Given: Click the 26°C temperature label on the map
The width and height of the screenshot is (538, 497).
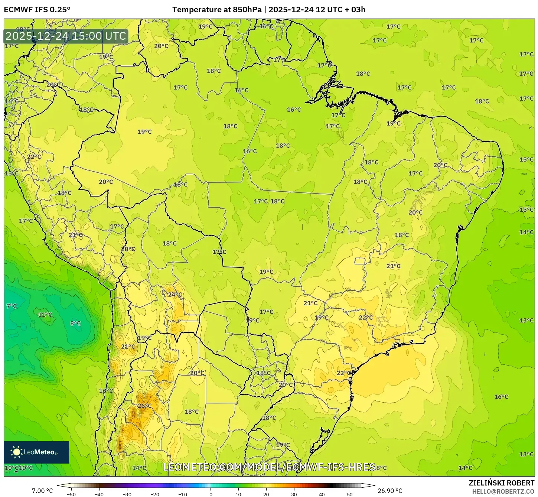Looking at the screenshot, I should tap(144, 406).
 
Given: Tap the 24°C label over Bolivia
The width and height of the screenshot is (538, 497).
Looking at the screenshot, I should tap(175, 295).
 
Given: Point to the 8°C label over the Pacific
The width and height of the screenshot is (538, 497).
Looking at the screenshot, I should tap(75, 323).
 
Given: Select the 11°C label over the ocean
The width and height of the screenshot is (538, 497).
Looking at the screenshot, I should tap(45, 315).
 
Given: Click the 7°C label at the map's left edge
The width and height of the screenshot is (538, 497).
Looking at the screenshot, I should tap(12, 306).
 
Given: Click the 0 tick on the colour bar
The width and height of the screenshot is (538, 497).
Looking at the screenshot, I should tap(211, 494).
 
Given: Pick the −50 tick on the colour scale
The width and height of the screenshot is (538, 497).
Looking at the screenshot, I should tap(71, 494).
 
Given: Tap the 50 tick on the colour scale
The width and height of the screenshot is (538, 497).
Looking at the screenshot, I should tap(350, 494).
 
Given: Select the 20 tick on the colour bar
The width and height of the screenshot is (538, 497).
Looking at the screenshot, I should tap(266, 494).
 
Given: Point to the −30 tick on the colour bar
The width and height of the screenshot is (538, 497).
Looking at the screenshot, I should tap(127, 494).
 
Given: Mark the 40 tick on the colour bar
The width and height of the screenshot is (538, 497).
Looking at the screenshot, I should tap(322, 494).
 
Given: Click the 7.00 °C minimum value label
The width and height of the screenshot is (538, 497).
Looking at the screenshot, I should tap(42, 491).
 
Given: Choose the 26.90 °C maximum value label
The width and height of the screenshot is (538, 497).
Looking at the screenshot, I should tap(390, 491).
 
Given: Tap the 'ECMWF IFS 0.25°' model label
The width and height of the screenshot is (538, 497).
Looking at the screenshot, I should tap(37, 10).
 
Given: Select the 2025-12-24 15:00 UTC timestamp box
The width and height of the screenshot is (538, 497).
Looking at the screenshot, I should tap(66, 36).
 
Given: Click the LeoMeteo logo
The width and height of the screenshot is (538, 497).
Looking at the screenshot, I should tap(36, 452).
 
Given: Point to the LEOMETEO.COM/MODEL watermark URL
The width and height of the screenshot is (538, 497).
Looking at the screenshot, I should tap(269, 467).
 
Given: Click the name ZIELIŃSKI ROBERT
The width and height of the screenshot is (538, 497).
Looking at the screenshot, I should tap(502, 483).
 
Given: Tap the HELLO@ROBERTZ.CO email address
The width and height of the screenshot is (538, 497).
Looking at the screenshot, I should tap(503, 491).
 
